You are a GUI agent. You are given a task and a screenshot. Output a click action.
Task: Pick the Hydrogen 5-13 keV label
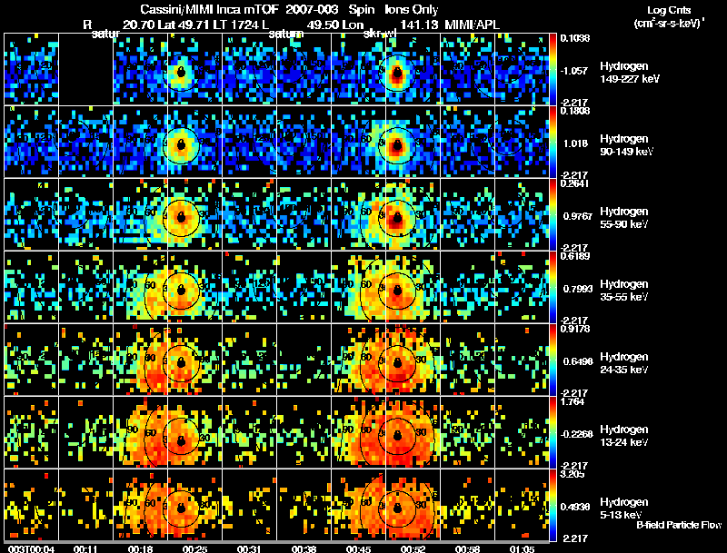(624, 508)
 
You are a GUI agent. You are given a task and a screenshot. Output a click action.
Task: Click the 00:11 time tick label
(85, 548)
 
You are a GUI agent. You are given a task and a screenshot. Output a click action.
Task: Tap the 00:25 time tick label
(195, 548)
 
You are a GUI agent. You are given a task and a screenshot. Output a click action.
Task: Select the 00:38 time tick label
(305, 548)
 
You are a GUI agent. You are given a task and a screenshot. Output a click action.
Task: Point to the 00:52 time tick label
(414, 548)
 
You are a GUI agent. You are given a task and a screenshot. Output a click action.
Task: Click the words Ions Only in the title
(412, 8)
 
